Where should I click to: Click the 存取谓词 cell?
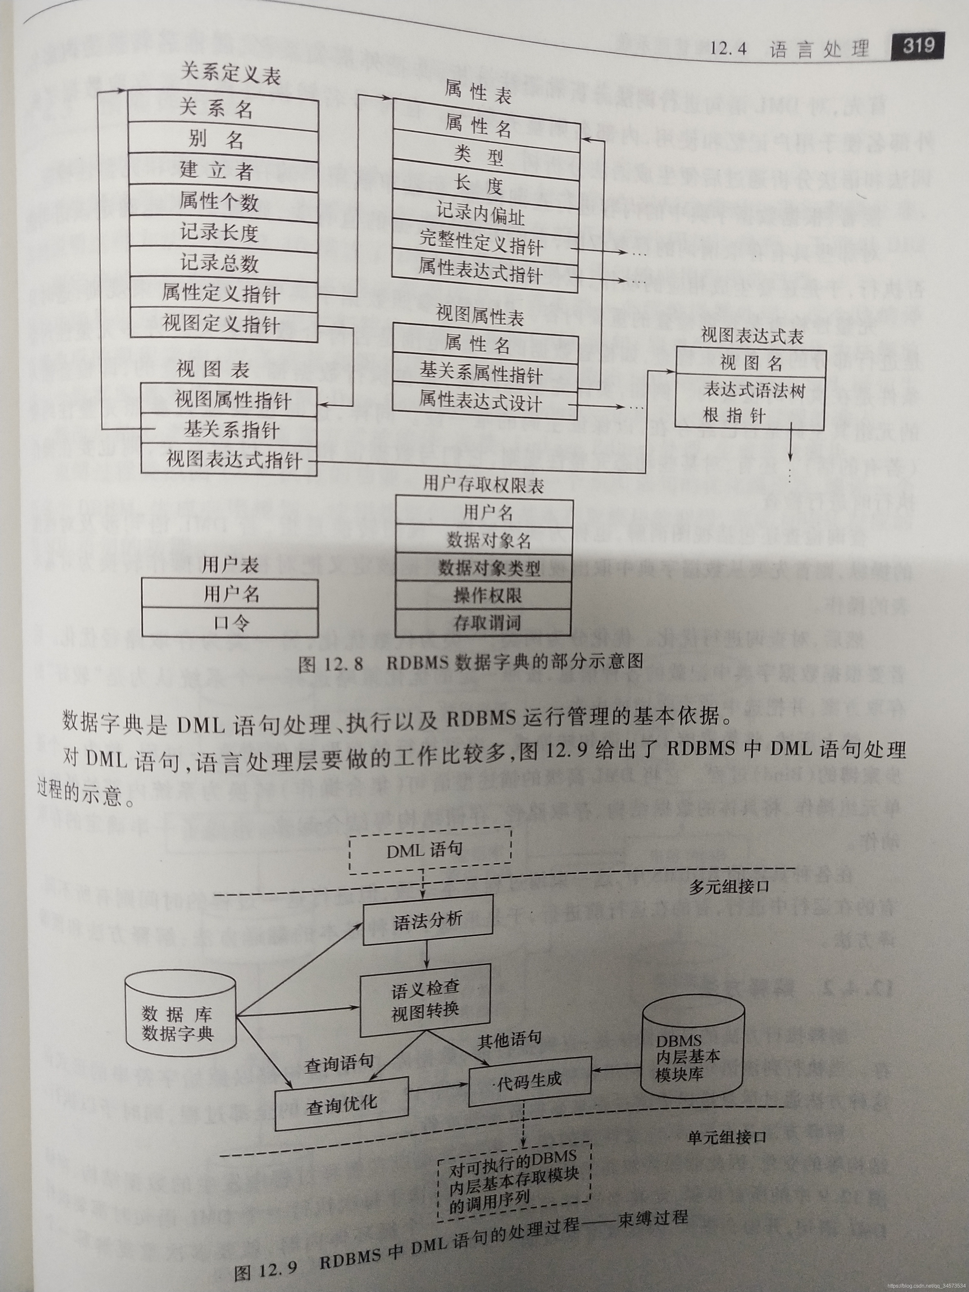click(484, 623)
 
